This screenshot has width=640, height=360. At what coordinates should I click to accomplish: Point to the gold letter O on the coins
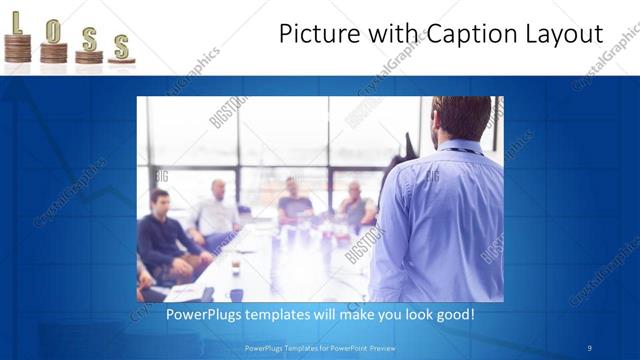[53, 29]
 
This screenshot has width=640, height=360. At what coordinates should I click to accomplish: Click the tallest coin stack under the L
[17, 49]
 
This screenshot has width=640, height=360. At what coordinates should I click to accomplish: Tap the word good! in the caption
[454, 315]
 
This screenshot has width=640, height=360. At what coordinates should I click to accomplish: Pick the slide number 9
[589, 348]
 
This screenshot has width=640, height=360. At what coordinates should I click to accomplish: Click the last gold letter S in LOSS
[121, 44]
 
